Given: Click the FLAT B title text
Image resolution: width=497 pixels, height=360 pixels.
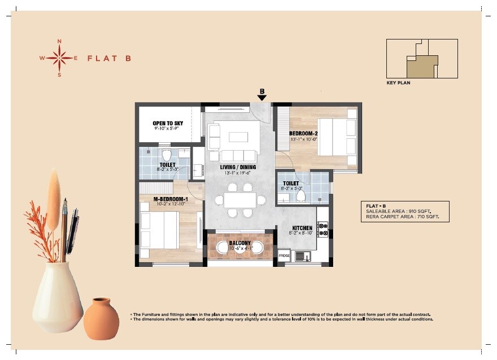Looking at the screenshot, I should (109, 58).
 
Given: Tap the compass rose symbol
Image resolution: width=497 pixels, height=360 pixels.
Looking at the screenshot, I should (59, 58).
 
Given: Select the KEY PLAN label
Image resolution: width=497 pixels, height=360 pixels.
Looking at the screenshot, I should (398, 83).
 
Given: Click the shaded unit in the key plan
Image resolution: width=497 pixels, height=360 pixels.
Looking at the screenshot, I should (421, 67).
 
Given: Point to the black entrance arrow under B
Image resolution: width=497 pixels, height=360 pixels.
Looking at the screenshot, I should (262, 98).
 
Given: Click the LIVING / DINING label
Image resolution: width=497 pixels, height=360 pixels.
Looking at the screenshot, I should (238, 167).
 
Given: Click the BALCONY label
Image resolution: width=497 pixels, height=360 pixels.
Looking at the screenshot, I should (240, 243).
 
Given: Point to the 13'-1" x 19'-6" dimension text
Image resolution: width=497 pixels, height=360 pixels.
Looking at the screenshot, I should (238, 173).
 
